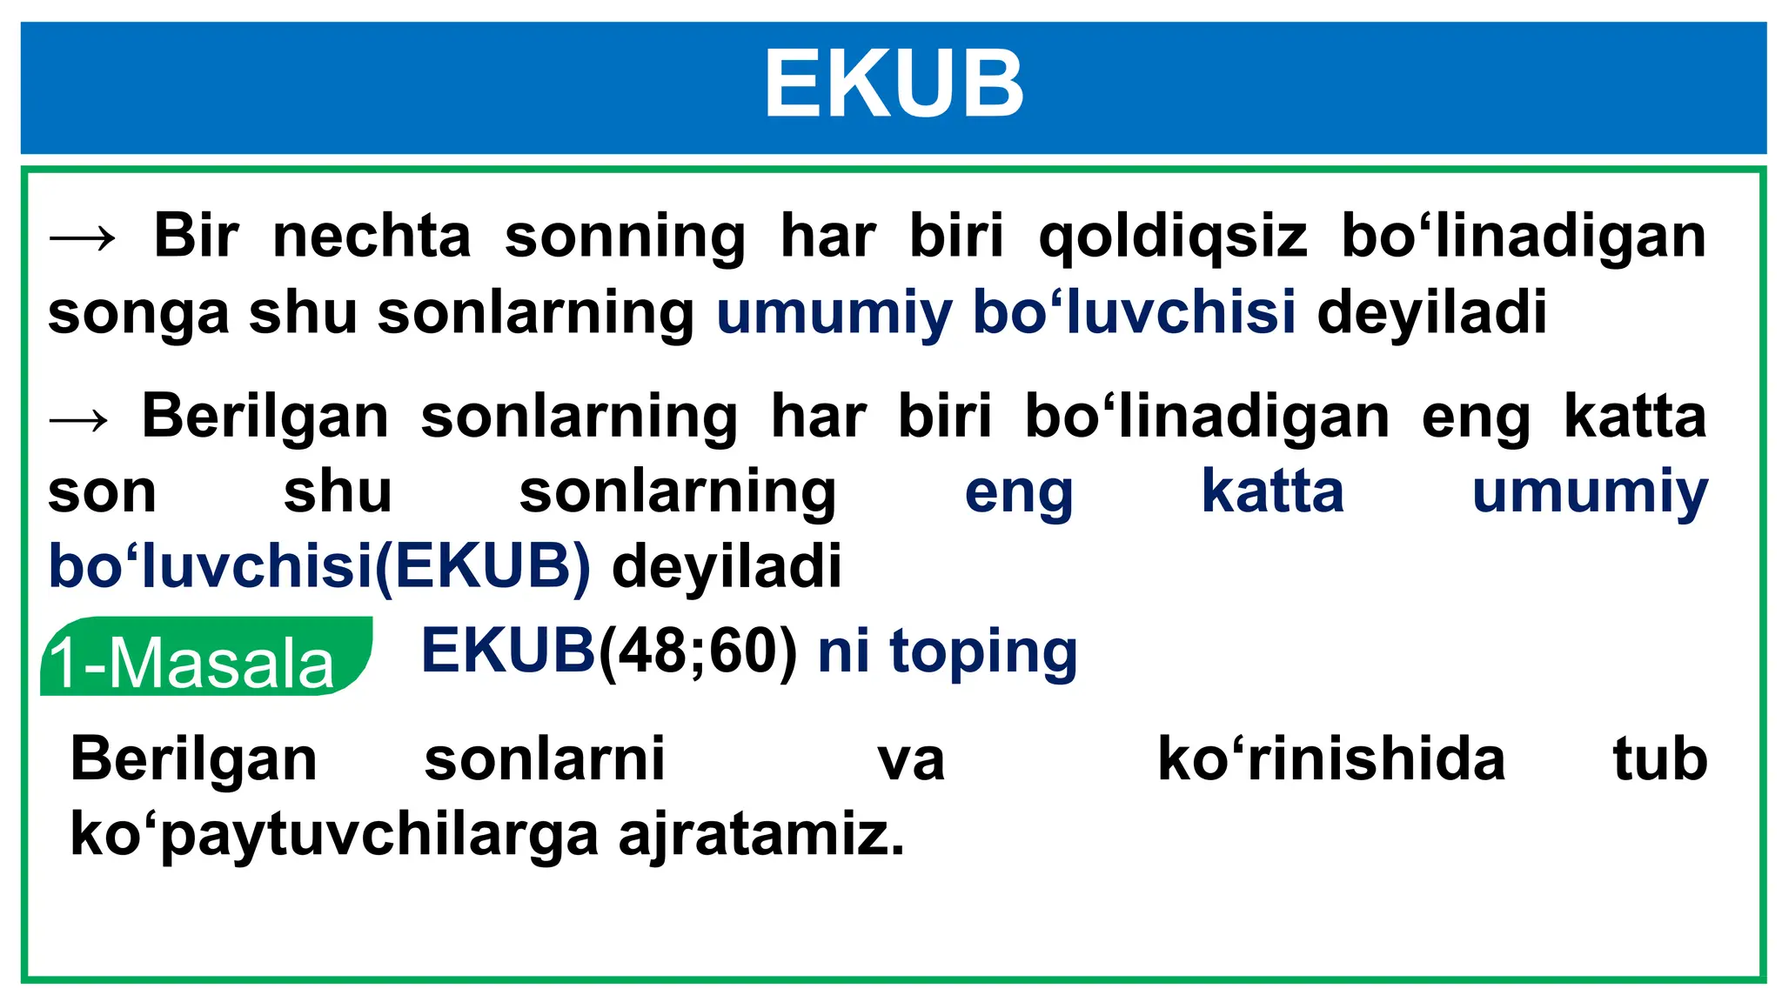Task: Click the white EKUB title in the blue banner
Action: [x=894, y=84]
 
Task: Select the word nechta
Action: [x=372, y=236]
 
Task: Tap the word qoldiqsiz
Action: [x=1173, y=237]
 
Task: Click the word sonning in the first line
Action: [x=625, y=237]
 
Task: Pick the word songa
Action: [x=137, y=313]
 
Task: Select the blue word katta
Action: [x=1272, y=491]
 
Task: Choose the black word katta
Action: [x=1635, y=417]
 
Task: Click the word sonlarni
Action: [x=545, y=758]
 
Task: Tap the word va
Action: [x=910, y=760]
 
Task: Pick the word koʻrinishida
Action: [x=1330, y=758]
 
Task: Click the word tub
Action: [x=1659, y=758]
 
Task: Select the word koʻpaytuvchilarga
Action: [x=334, y=835]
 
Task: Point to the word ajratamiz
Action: [x=761, y=835]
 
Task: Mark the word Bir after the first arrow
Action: [x=196, y=236]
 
